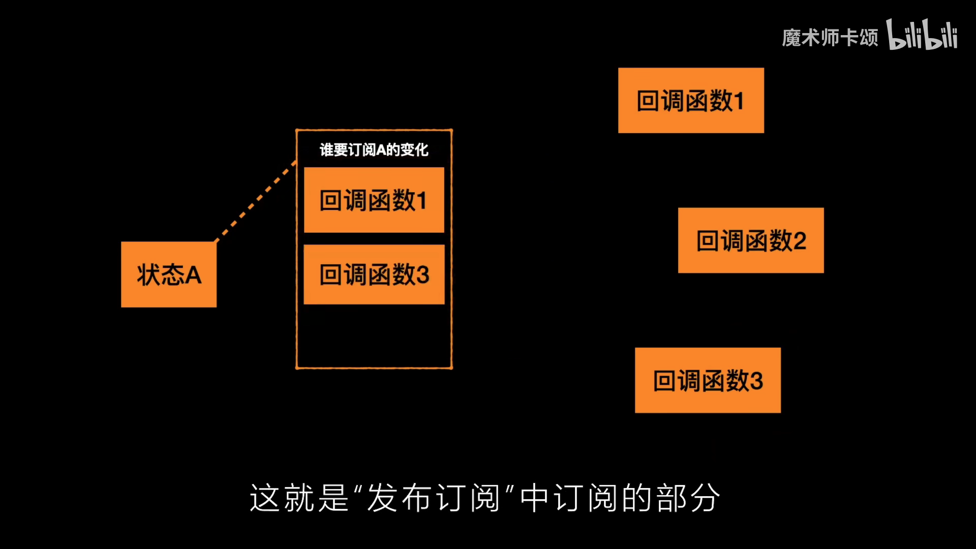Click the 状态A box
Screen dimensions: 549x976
(169, 274)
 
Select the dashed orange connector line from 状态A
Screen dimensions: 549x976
(256, 201)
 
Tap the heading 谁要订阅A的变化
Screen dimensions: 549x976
(374, 150)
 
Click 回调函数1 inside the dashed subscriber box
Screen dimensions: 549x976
(374, 200)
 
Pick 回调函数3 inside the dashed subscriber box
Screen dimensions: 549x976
(374, 274)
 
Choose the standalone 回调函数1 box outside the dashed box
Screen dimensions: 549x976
(691, 101)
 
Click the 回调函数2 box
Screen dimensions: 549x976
(751, 240)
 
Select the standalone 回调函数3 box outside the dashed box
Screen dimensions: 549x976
(708, 380)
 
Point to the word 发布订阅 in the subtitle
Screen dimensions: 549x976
(433, 498)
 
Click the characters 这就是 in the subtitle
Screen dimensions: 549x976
(299, 498)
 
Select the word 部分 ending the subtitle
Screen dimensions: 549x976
(688, 498)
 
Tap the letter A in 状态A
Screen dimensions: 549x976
(193, 275)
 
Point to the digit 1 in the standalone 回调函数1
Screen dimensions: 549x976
(739, 101)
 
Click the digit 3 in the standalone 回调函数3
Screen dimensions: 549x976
(756, 381)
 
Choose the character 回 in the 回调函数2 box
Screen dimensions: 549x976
(707, 241)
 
